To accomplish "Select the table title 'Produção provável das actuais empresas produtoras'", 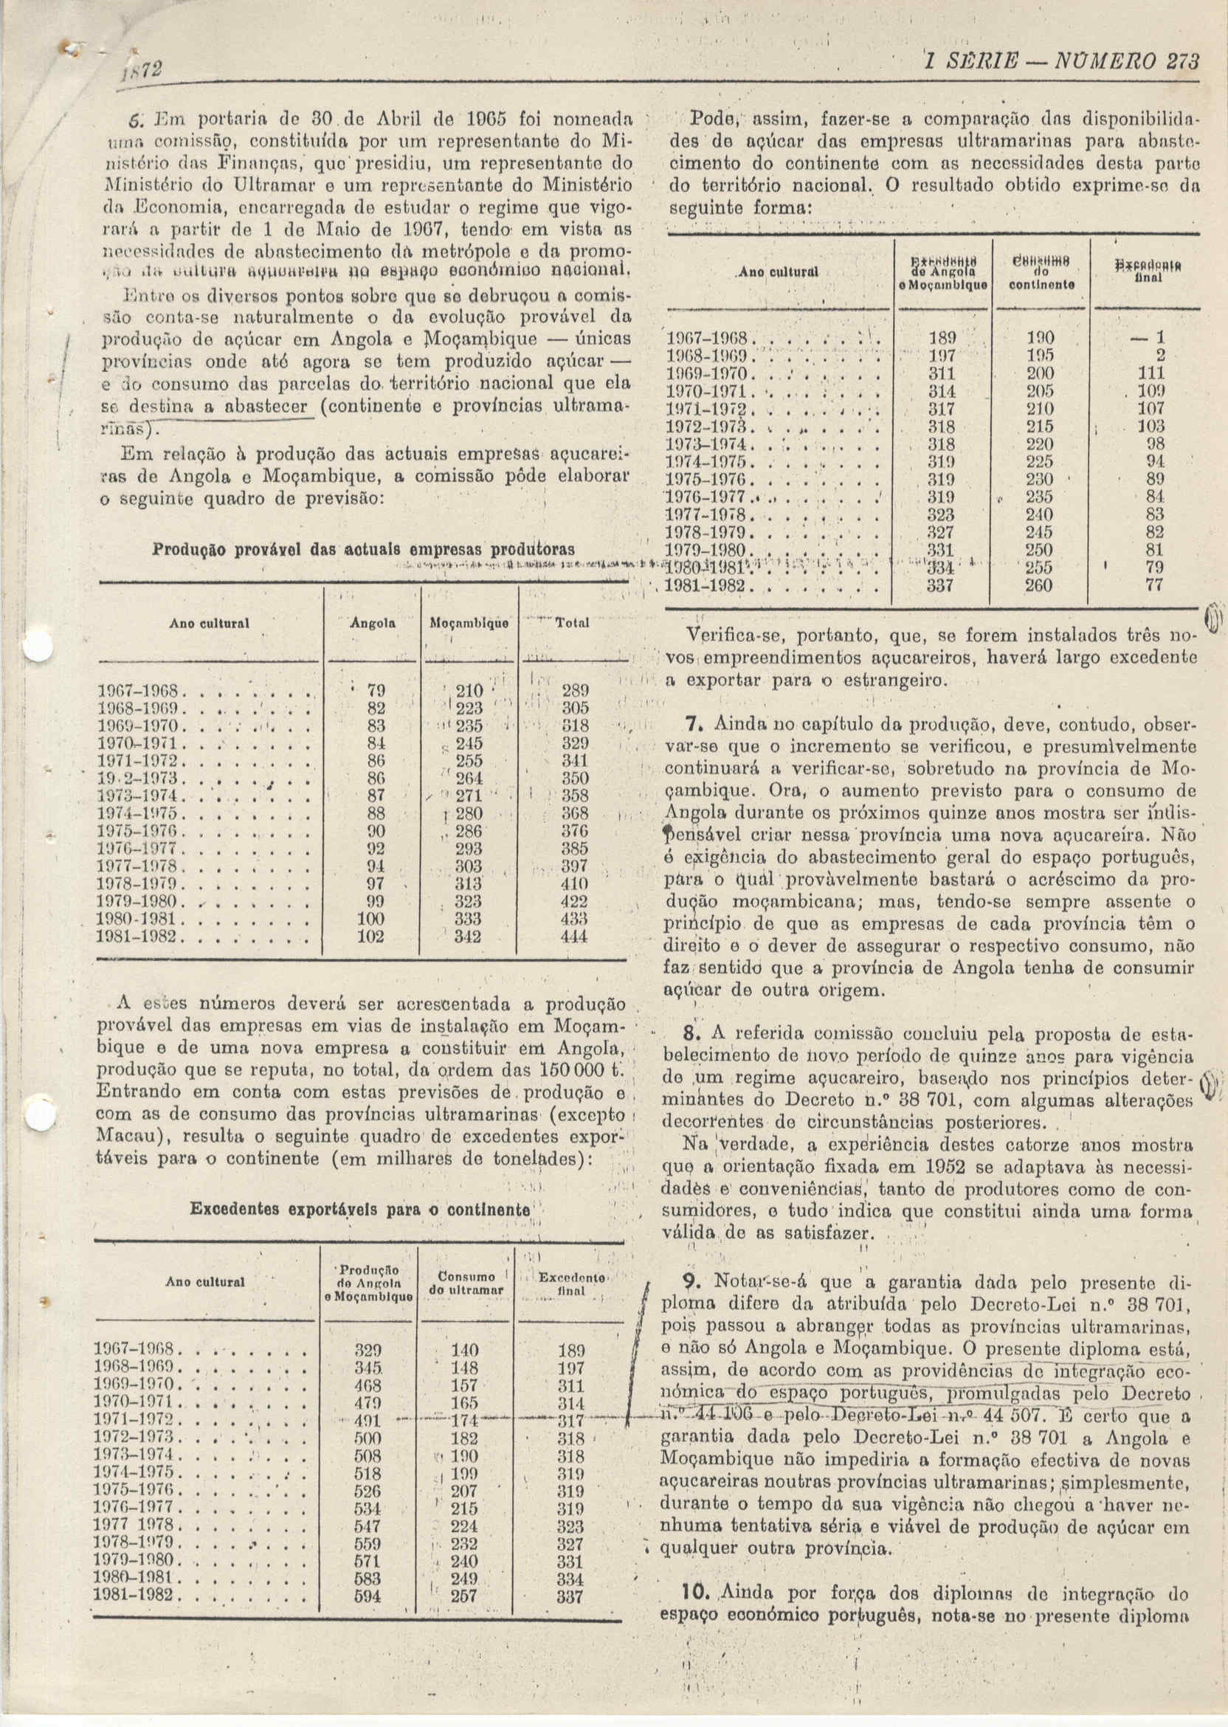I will tap(364, 548).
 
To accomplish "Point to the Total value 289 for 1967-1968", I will tap(576, 691).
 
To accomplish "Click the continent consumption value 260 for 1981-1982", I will tap(1038, 585).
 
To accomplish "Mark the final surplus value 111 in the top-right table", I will tap(1153, 373).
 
